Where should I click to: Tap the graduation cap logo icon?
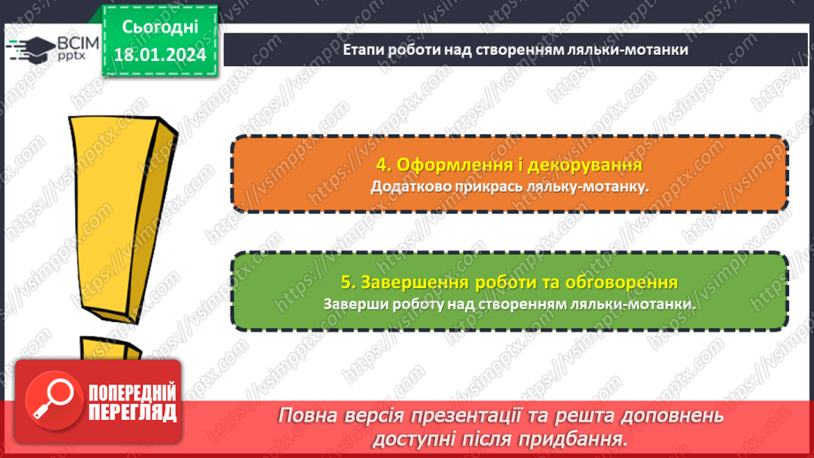tap(26, 48)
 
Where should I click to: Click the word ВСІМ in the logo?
tap(71, 42)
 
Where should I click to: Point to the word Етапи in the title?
tap(361, 50)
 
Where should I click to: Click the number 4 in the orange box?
tap(381, 164)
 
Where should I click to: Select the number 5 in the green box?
tap(346, 282)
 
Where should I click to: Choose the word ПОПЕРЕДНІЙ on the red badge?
tap(133, 393)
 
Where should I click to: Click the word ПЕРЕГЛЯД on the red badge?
tap(133, 412)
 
